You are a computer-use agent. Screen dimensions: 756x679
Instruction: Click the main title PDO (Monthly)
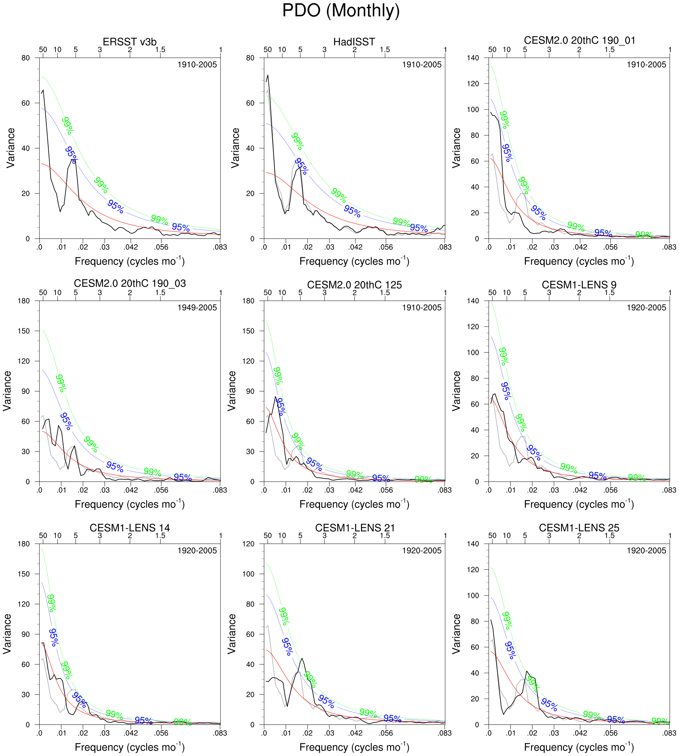(x=341, y=11)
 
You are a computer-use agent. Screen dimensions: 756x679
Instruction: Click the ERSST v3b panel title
(x=129, y=42)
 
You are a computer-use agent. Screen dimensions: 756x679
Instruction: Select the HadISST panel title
(x=354, y=42)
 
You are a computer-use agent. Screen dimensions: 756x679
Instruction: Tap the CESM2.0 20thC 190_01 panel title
(x=579, y=40)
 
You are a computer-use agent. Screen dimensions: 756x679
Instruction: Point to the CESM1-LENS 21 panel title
(x=355, y=527)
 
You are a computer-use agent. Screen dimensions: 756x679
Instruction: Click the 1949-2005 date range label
(x=197, y=308)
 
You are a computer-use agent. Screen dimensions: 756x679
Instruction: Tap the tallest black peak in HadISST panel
(x=267, y=75)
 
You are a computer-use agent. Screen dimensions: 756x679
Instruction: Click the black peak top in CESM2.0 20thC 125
(x=275, y=396)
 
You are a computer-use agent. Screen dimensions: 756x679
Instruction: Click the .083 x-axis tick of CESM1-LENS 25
(x=669, y=733)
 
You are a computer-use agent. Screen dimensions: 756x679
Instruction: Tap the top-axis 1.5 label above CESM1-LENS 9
(x=609, y=292)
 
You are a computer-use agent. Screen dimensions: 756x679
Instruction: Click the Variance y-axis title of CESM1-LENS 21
(x=232, y=634)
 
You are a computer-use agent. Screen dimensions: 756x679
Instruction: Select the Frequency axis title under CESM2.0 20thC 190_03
(x=129, y=504)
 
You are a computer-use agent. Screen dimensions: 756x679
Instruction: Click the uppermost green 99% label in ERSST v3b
(x=68, y=125)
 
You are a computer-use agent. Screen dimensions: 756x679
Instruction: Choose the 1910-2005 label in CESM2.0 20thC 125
(x=421, y=308)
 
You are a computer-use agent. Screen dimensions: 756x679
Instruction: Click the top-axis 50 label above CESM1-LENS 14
(x=43, y=536)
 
